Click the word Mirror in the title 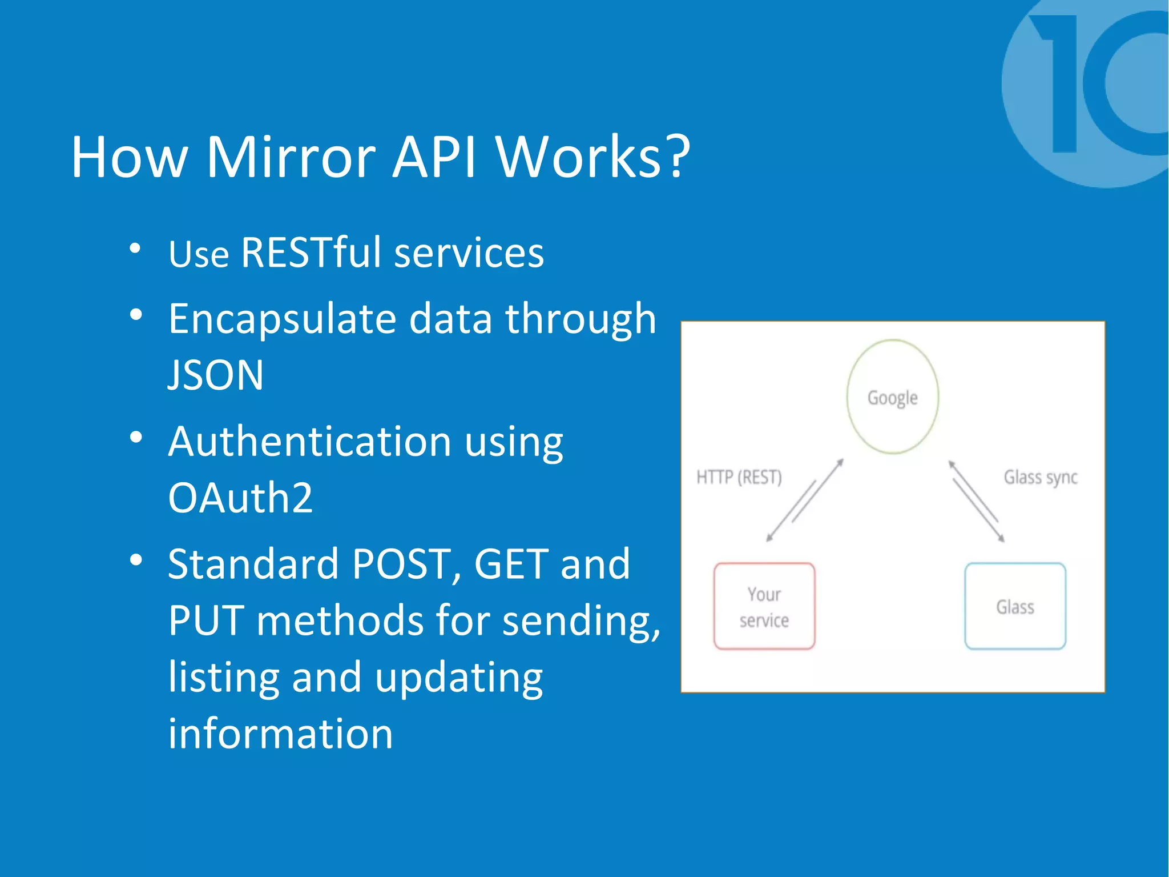tap(291, 157)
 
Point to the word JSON tap(216, 375)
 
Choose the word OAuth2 tap(240, 498)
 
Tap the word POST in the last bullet tap(401, 564)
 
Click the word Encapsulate tap(282, 318)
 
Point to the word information tap(280, 734)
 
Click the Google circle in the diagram tap(892, 397)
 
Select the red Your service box tap(764, 606)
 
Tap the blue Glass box tap(1015, 606)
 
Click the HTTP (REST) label tap(739, 477)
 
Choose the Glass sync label tap(1040, 477)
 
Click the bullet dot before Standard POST tap(136, 560)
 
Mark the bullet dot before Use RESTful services tap(135, 248)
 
